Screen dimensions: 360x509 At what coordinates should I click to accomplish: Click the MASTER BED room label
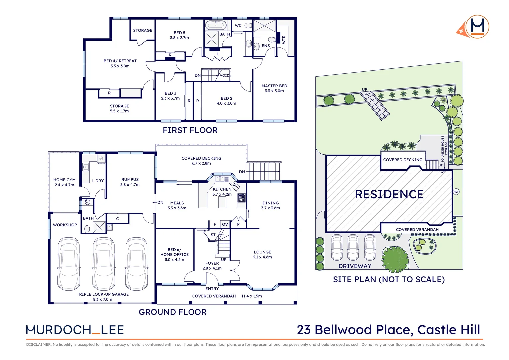point(274,86)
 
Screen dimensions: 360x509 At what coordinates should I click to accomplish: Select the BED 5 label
point(179,33)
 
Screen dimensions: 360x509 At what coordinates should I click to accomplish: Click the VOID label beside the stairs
point(224,75)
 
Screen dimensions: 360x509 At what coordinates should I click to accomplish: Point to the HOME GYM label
point(64,180)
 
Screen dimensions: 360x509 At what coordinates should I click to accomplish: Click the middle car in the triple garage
point(103,263)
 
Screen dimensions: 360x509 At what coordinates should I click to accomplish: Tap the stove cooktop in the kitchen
point(241,198)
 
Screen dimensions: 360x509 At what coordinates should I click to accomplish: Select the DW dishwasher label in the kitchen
point(235,186)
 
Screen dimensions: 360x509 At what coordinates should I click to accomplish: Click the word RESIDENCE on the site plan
point(389,194)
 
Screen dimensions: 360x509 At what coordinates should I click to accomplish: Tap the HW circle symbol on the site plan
point(456,192)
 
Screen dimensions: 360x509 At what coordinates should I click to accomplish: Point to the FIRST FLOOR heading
point(190,130)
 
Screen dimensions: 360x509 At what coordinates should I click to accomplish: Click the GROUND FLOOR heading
point(173,312)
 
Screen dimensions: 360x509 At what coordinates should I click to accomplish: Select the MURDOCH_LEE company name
point(75,330)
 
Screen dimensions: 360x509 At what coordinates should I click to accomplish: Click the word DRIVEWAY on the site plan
point(355,266)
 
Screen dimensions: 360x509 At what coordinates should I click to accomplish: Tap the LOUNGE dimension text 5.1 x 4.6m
point(262,257)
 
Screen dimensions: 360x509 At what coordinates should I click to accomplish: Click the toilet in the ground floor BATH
point(87,229)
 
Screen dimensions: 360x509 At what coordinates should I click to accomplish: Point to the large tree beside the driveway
point(395,259)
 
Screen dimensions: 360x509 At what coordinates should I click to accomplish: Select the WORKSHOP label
point(65,225)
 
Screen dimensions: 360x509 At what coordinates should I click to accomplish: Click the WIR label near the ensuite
point(284,40)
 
